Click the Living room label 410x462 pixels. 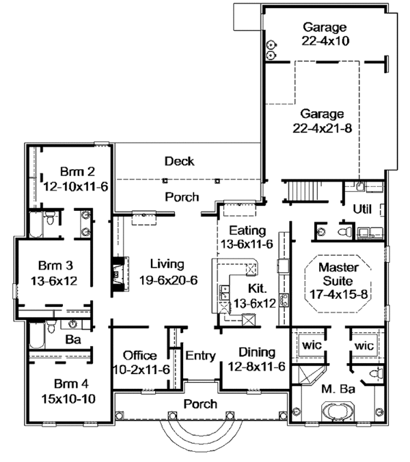click(167, 264)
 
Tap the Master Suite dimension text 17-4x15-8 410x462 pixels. click(339, 294)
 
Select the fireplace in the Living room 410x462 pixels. click(120, 274)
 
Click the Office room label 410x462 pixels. click(140, 356)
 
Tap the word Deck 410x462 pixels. click(179, 161)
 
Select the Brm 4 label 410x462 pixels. click(71, 384)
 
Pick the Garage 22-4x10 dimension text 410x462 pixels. click(325, 41)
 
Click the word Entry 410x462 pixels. click(201, 356)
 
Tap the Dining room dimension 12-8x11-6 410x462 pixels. click(257, 366)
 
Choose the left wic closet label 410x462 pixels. click(312, 345)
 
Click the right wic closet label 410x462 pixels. click(364, 345)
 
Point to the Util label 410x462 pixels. click(362, 210)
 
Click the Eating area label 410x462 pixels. click(247, 231)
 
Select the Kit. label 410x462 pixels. click(258, 289)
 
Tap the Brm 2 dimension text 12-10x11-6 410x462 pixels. click(76, 186)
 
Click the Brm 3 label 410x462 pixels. click(55, 265)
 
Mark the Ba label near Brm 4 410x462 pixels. click(73, 339)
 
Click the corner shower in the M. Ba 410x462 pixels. click(309, 375)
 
